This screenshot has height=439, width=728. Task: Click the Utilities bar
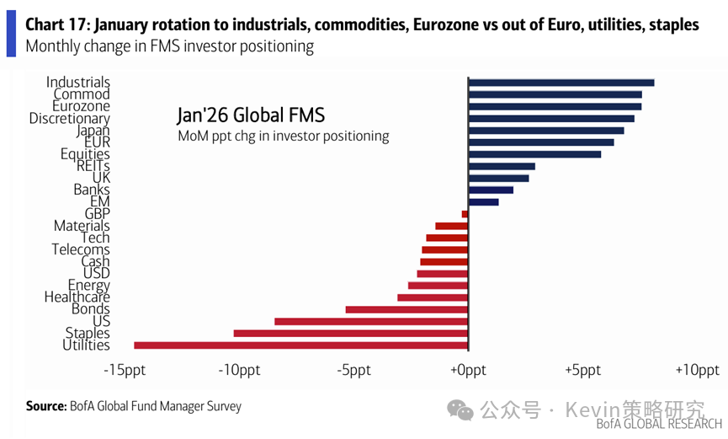(x=300, y=345)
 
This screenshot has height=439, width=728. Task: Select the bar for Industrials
(x=561, y=83)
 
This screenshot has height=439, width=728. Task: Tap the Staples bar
(x=350, y=333)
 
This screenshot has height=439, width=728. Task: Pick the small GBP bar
(x=465, y=214)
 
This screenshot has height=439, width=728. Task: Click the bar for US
(x=370, y=321)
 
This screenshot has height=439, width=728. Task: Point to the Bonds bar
(x=407, y=309)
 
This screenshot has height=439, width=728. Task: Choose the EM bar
(x=483, y=202)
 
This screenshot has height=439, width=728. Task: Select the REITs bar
(x=502, y=166)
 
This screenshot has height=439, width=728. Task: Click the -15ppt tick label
(x=124, y=371)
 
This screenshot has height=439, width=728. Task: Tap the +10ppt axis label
(x=697, y=371)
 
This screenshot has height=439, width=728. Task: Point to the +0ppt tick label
(x=468, y=371)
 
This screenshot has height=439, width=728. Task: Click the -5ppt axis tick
(x=353, y=371)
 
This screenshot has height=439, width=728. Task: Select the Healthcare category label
(x=77, y=297)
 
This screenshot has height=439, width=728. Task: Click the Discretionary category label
(x=69, y=119)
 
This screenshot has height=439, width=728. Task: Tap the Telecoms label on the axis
(x=81, y=249)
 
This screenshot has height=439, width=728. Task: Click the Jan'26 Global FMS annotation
(x=250, y=115)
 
